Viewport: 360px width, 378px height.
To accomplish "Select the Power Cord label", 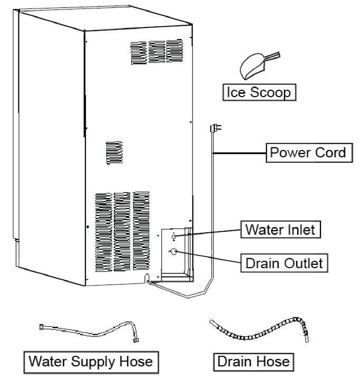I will click(x=308, y=153).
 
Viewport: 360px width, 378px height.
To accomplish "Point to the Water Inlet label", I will click(x=280, y=230).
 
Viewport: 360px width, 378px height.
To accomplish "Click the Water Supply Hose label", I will click(x=90, y=362).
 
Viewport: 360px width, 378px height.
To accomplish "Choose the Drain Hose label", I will click(x=253, y=362).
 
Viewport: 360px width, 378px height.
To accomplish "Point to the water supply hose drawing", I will click(x=90, y=332).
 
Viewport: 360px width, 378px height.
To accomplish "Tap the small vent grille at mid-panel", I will click(x=114, y=153).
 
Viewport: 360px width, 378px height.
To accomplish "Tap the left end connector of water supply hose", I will click(x=42, y=327).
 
